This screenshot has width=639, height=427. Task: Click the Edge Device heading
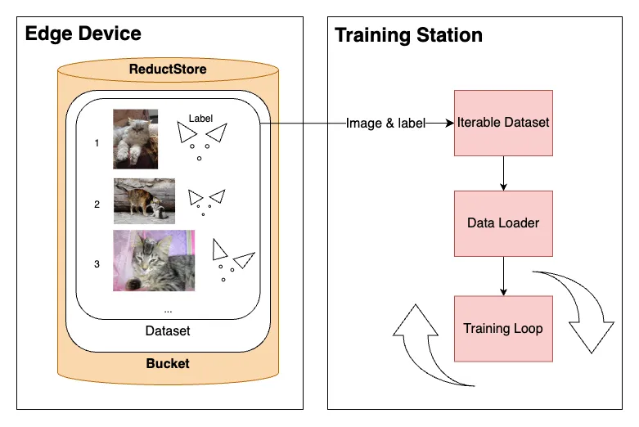tap(83, 34)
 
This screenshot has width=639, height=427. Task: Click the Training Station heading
tap(408, 35)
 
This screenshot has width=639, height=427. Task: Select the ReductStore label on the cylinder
tap(168, 70)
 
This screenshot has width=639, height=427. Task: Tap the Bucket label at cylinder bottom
tap(168, 363)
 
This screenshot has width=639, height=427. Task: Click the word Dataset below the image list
tap(168, 330)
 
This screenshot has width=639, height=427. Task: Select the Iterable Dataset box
tap(503, 123)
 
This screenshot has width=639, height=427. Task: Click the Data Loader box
tap(503, 222)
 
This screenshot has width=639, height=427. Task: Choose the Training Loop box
tap(503, 329)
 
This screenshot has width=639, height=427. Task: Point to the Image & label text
tap(386, 124)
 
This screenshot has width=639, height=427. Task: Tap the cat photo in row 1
tap(135, 139)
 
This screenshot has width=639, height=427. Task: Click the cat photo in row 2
tap(144, 201)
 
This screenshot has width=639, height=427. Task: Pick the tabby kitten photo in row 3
tap(154, 261)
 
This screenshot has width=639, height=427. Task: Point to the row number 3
tap(97, 263)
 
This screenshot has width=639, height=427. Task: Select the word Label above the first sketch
tap(200, 118)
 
